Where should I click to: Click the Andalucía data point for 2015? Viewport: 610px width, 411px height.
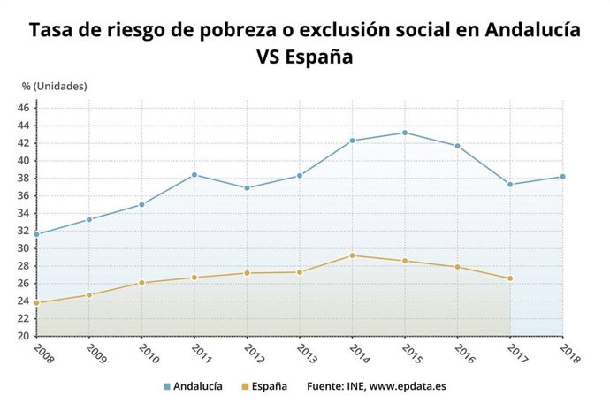click(x=405, y=133)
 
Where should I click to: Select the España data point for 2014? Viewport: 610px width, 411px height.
click(x=352, y=255)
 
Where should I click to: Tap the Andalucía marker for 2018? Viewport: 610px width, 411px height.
click(x=562, y=177)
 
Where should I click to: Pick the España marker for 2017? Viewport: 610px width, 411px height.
click(x=510, y=278)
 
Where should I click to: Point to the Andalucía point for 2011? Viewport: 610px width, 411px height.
click(x=194, y=175)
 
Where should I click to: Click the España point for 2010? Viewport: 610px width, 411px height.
click(x=141, y=283)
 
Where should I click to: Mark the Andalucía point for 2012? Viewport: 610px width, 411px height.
click(x=247, y=188)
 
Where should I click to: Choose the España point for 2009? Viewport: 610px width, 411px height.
click(x=89, y=295)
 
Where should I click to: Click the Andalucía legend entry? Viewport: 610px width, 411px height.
click(x=192, y=386)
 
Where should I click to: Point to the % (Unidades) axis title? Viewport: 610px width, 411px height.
click(x=55, y=86)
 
